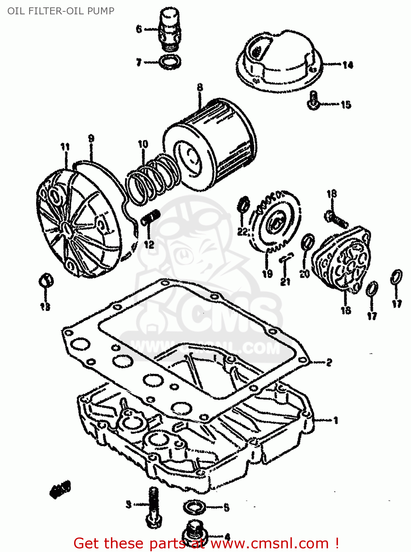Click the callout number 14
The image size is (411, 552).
pos(348,65)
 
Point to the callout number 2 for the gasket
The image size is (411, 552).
pos(329,362)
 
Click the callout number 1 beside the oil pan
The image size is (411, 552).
pos(335,420)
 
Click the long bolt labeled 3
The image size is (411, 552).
pos(153,506)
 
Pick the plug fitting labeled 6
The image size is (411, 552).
pos(168,29)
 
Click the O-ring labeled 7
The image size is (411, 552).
pos(170,62)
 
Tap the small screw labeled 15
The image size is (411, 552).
pos(313,100)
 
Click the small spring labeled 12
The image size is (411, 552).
pos(150,217)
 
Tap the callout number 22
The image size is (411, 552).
pos(242,231)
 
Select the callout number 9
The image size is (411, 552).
pos(91,138)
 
